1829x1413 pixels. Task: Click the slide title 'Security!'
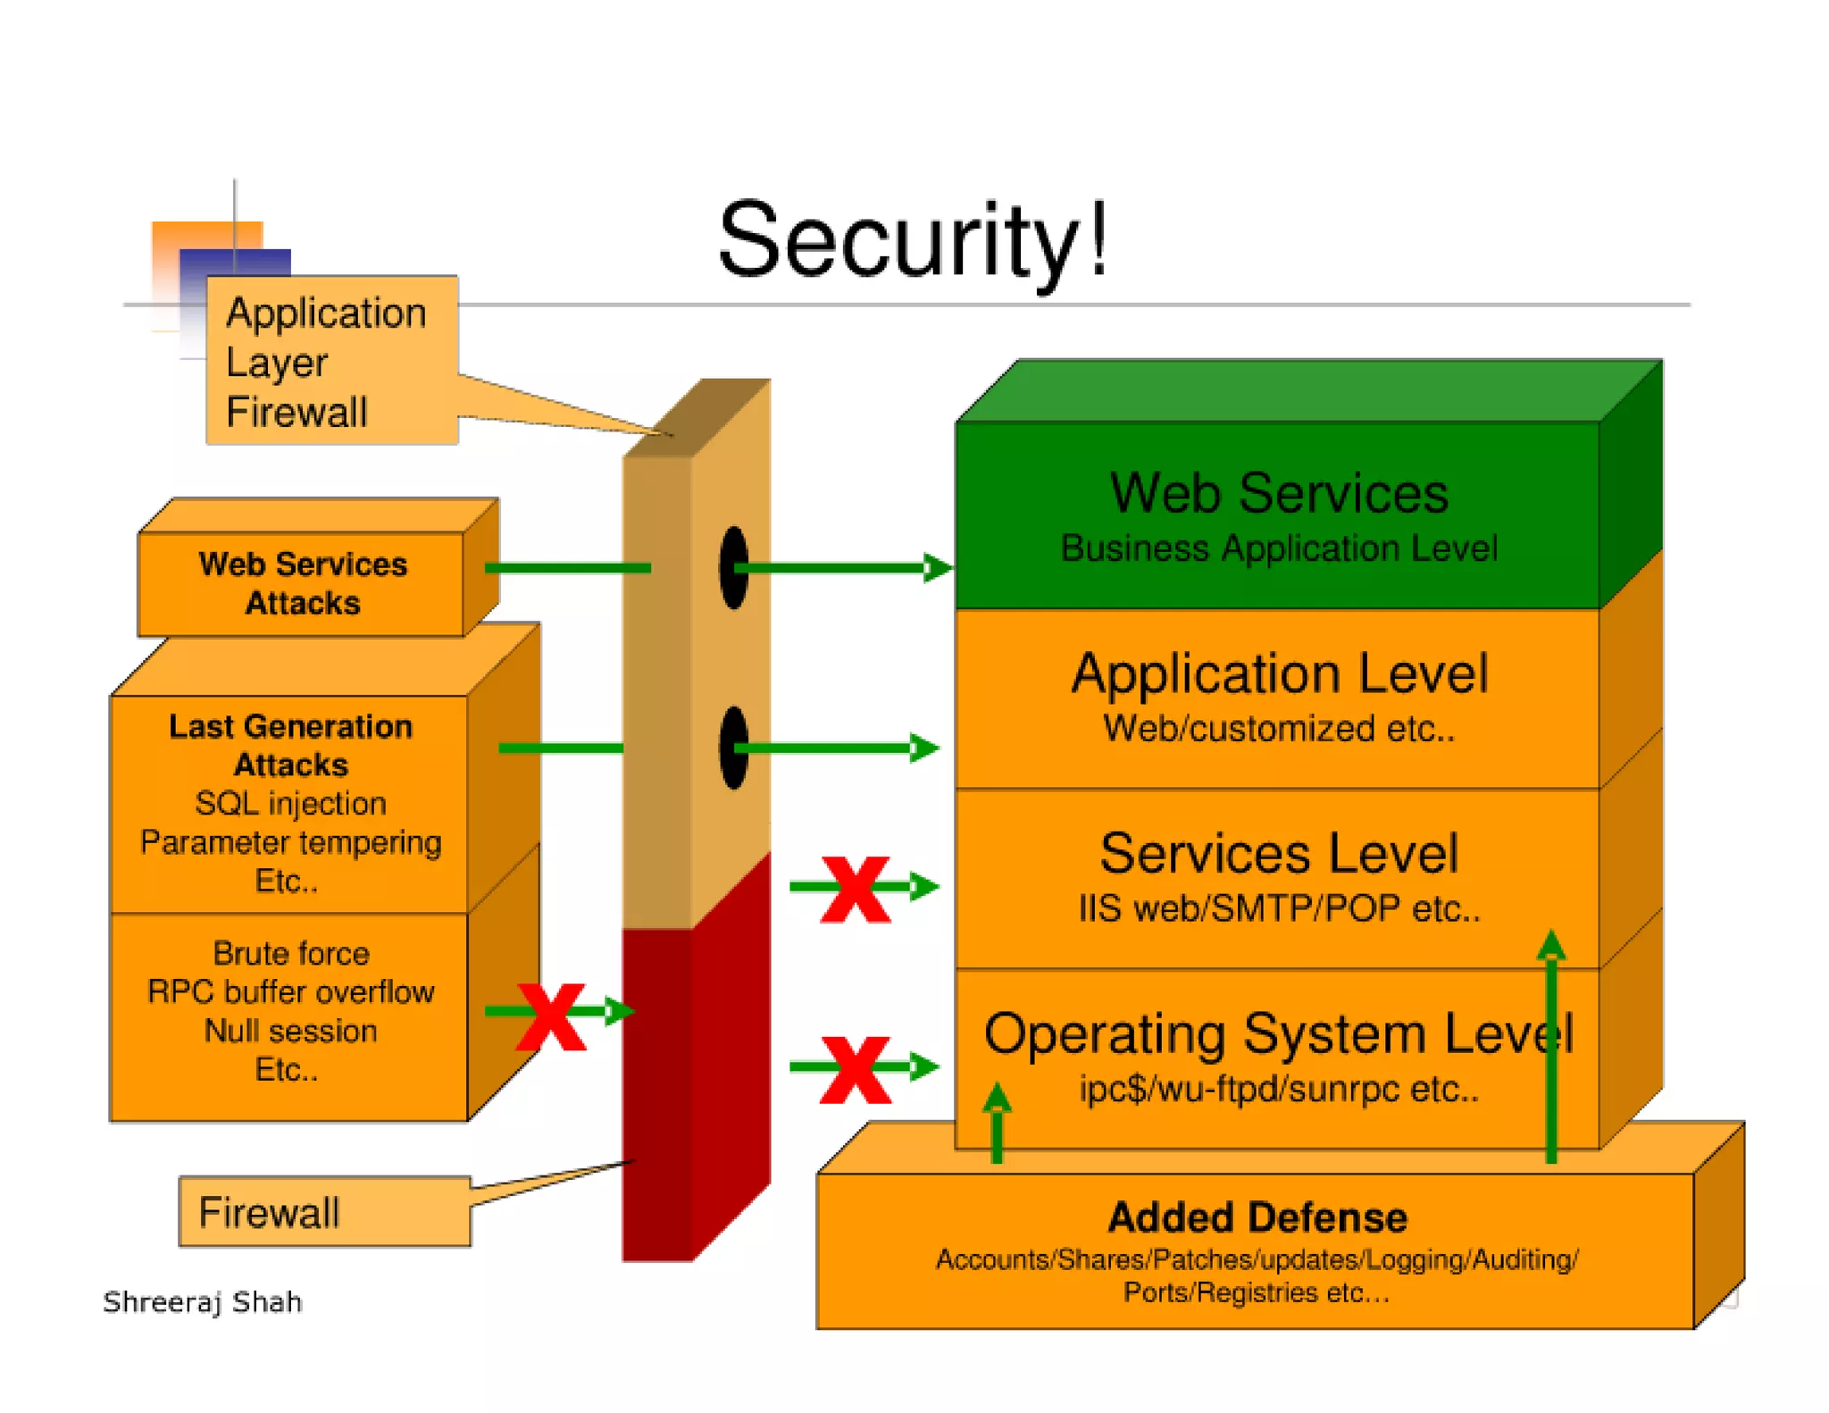(913, 239)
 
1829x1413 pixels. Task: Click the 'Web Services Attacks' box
(302, 583)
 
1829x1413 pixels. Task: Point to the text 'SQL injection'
(290, 803)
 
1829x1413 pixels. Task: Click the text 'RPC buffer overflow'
(290, 991)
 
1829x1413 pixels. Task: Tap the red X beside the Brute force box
(552, 1016)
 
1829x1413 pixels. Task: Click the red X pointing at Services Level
(855, 889)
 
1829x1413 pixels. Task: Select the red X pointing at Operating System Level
(855, 1069)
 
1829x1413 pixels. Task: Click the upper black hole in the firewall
(733, 567)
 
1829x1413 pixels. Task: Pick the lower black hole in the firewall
(733, 748)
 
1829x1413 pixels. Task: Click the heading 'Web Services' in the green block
(1278, 493)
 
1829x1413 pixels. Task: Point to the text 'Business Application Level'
(1278, 548)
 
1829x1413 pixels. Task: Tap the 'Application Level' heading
(1279, 673)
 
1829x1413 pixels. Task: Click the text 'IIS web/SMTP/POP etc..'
(1278, 908)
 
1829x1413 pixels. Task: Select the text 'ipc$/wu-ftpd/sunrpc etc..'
(1278, 1089)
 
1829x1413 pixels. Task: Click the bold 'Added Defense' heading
(1257, 1217)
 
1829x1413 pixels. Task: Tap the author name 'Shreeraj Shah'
(203, 1302)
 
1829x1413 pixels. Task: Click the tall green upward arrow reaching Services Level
(1551, 1054)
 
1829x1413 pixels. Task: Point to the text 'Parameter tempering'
(290, 842)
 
